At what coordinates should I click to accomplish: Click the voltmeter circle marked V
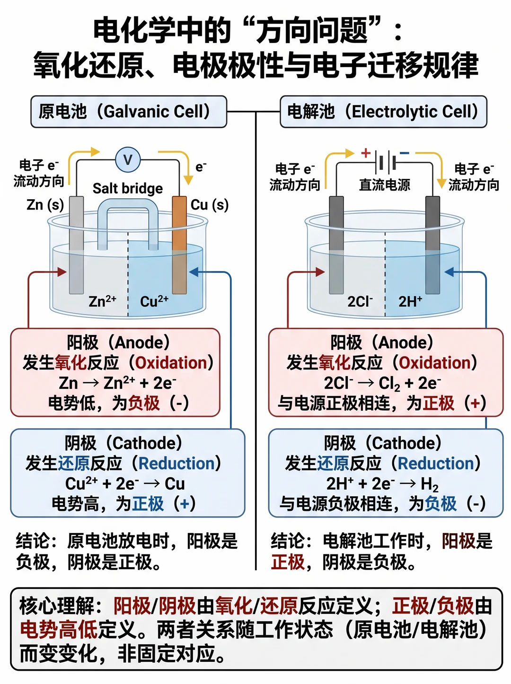128,160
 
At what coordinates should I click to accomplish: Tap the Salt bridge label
128,188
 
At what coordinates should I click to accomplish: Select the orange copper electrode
179,245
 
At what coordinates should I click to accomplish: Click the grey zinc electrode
76,245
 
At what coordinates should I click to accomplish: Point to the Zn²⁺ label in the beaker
103,301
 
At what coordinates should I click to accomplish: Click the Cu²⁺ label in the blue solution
154,301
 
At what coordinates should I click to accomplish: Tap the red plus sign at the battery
366,153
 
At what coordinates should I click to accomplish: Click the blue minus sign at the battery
405,153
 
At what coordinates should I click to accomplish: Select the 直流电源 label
385,185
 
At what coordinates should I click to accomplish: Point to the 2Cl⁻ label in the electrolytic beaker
360,301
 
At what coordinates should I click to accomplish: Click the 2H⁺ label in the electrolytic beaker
410,301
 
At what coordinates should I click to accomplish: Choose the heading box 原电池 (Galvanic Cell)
129,112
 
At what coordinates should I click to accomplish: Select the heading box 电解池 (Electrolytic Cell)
384,112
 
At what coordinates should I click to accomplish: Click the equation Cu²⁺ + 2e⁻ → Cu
125,483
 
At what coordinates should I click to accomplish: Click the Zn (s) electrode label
45,205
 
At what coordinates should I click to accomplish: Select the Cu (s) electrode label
210,205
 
